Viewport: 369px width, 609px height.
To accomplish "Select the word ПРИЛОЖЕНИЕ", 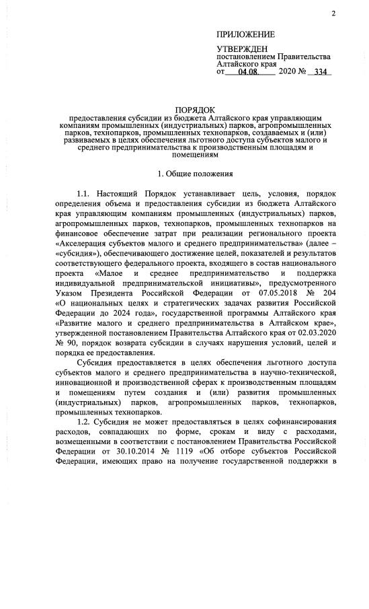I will [x=245, y=34].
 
